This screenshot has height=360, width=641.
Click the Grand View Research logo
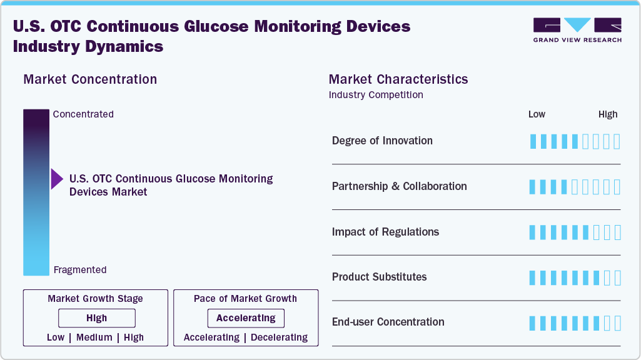pyautogui.click(x=577, y=30)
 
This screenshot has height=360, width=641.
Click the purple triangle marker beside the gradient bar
pyautogui.click(x=57, y=179)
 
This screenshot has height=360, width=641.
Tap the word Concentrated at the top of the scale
pyautogui.click(x=83, y=114)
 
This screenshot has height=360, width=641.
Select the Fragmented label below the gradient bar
pyautogui.click(x=80, y=270)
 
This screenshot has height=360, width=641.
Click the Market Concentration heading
pyautogui.click(x=90, y=79)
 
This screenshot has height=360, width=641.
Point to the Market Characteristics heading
pyautogui.click(x=398, y=79)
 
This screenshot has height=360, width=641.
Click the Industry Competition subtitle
pyautogui.click(x=376, y=95)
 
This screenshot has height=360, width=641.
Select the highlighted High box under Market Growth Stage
pyautogui.click(x=96, y=318)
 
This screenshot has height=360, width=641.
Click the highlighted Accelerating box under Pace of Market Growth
pyautogui.click(x=246, y=318)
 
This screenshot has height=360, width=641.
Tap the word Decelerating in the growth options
pyautogui.click(x=278, y=337)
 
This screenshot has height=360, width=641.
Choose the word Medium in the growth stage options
pyautogui.click(x=94, y=337)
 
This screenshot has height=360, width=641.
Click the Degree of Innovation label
pyautogui.click(x=382, y=141)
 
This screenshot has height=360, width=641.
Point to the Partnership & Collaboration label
pyautogui.click(x=399, y=186)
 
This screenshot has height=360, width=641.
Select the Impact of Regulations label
pyautogui.click(x=385, y=232)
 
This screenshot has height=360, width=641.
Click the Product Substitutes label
pyautogui.click(x=379, y=277)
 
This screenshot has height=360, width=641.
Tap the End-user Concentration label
pyautogui.click(x=388, y=322)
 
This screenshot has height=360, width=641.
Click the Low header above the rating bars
pyautogui.click(x=537, y=114)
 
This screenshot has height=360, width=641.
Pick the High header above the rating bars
pyautogui.click(x=608, y=114)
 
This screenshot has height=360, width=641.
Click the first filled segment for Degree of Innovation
pyautogui.click(x=533, y=141)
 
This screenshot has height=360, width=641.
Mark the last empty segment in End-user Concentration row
pyautogui.click(x=617, y=323)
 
